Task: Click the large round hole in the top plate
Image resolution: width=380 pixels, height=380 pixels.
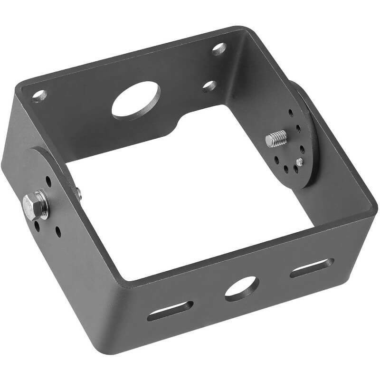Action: pyautogui.click(x=136, y=100)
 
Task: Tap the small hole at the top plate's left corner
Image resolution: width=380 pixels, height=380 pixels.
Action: pyautogui.click(x=39, y=96)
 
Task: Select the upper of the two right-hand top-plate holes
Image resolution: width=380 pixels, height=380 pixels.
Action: pyautogui.click(x=219, y=48)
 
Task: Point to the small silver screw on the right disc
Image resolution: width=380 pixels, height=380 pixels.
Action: pyautogui.click(x=299, y=162)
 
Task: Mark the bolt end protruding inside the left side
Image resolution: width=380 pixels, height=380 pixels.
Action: pyautogui.click(x=78, y=193)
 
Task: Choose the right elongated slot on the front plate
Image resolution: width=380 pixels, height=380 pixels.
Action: pyautogui.click(x=312, y=268)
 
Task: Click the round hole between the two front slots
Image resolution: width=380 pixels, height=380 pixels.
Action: pyautogui.click(x=242, y=288)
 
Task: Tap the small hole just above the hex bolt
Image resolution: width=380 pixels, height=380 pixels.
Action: pyautogui.click(x=48, y=181)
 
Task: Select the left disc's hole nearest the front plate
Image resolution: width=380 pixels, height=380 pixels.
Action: pyautogui.click(x=58, y=232)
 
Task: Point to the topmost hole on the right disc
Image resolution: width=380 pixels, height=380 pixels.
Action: pyautogui.click(x=291, y=113)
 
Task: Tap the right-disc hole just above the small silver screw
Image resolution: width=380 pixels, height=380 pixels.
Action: pyautogui.click(x=302, y=149)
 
